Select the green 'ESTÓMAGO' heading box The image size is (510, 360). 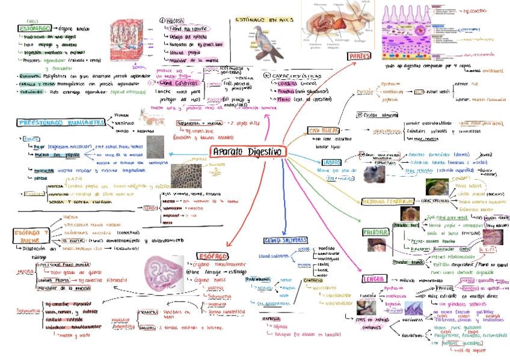click(x=35, y=28)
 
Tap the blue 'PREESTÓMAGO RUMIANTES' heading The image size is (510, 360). click(x=61, y=122)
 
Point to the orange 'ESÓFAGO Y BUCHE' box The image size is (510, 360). click(x=30, y=236)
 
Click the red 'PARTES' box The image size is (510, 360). click(x=360, y=56)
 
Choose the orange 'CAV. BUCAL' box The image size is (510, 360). click(x=324, y=130)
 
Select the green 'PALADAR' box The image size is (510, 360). click(x=375, y=232)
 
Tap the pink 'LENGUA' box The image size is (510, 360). click(x=374, y=279)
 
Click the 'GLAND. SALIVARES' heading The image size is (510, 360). click(x=281, y=241)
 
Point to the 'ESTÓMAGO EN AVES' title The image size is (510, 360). click(x=259, y=20)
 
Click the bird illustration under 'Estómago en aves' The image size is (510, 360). click(x=265, y=46)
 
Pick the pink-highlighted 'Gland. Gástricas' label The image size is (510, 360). click(x=176, y=83)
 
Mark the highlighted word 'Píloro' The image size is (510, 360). click(x=284, y=99)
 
